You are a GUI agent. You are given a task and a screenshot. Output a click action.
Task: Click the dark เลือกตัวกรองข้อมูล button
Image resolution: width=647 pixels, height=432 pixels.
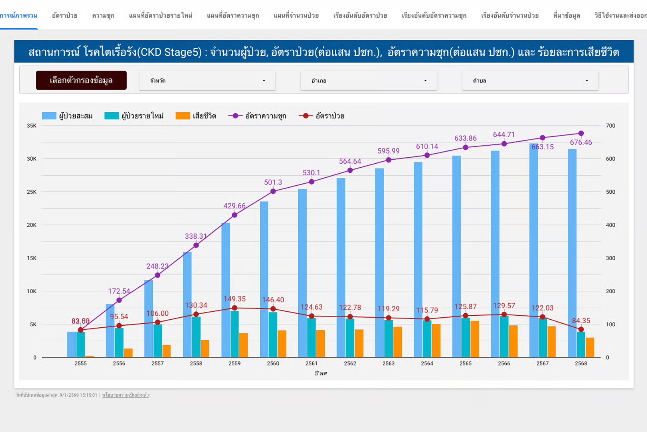coord(81,80)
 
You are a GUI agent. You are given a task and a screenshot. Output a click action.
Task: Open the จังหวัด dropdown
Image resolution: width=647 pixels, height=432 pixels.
coord(207,81)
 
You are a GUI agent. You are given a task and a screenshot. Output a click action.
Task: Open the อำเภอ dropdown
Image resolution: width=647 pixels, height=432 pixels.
coord(368,81)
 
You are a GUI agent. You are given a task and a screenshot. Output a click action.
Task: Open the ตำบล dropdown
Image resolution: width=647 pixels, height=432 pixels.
coord(530,81)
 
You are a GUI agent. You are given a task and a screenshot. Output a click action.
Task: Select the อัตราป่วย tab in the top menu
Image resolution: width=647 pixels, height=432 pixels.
coord(65,16)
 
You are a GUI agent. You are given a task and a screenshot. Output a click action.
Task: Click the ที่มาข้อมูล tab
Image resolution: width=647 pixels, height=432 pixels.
coord(566,16)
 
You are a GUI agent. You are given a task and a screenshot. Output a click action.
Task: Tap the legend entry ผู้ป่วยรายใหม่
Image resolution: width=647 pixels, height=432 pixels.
coord(134,116)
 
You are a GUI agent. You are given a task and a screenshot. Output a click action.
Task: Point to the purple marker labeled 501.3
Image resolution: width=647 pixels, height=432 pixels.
coord(273,191)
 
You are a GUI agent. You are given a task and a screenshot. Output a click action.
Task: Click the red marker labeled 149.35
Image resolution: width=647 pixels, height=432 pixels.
coord(235,308)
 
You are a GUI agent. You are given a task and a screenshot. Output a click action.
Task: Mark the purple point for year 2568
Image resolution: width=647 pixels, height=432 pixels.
coord(581,133)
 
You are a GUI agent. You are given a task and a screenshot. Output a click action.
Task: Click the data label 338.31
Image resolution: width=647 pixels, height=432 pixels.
coord(196,236)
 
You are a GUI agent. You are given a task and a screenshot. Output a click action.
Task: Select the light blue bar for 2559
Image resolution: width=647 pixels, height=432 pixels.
coord(226,289)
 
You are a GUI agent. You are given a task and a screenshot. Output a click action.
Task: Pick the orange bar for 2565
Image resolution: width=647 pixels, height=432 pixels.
coord(475,339)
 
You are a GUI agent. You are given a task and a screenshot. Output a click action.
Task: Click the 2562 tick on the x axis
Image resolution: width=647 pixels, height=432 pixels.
coord(350,363)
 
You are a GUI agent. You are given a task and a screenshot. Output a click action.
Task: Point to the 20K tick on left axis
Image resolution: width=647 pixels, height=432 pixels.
coord(32,225)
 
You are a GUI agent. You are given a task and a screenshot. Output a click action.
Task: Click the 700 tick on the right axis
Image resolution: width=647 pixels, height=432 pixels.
coord(611,126)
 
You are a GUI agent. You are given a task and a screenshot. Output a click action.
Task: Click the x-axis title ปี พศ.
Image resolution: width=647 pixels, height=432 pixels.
coord(321,373)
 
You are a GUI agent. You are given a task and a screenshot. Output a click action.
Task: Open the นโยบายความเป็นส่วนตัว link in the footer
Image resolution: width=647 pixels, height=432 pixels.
coord(125,395)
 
